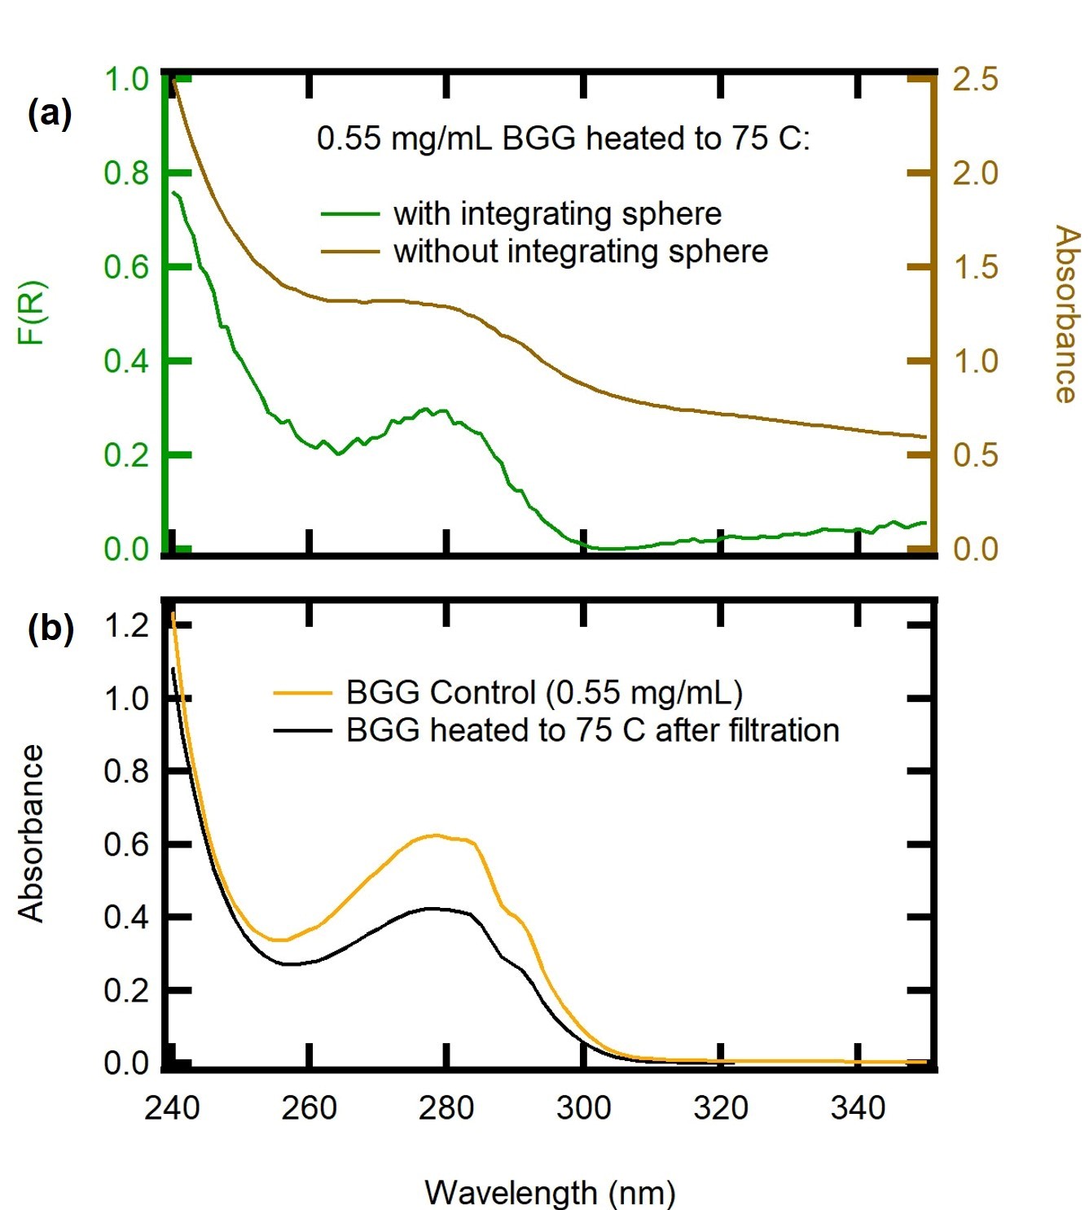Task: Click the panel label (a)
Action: coord(50,113)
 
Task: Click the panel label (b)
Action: coord(50,629)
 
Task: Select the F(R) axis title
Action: coord(33,313)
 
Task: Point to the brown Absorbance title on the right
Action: coord(1066,313)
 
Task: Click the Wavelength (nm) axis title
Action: coord(550,1192)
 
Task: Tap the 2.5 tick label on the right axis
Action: coord(975,80)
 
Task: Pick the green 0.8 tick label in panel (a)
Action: coord(126,173)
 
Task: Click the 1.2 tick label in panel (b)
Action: coord(126,625)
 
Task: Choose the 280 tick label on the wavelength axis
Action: coord(446,1107)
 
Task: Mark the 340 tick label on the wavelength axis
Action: coord(858,1107)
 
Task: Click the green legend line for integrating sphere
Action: coord(350,214)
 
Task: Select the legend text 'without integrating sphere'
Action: coord(581,252)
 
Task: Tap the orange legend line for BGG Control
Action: coord(302,693)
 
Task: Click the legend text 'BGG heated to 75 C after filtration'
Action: coord(592,730)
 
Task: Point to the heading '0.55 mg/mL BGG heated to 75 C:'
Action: coord(563,138)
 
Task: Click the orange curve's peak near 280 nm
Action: coord(436,835)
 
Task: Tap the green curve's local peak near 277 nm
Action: coord(425,409)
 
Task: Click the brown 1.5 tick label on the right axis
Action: coord(975,267)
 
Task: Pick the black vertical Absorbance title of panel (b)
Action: coord(31,832)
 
